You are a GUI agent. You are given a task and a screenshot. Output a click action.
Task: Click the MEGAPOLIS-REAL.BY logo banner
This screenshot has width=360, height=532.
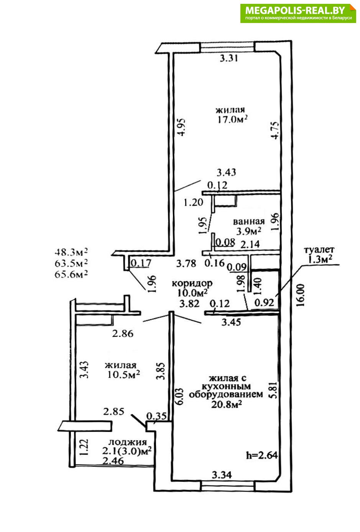(298, 13)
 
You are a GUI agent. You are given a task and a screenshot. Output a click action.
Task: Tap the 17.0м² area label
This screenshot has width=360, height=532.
(232, 119)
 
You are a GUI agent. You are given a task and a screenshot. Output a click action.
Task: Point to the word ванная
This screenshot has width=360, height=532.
(248, 222)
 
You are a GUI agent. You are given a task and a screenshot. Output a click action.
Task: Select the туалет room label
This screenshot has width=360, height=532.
(319, 250)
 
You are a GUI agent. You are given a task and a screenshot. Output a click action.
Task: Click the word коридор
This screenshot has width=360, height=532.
(192, 284)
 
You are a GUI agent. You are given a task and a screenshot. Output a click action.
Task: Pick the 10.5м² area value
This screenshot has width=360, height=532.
(123, 374)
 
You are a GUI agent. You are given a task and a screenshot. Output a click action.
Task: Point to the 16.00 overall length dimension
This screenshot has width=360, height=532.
(300, 296)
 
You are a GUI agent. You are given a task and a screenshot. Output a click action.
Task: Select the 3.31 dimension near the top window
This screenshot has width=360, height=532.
(228, 58)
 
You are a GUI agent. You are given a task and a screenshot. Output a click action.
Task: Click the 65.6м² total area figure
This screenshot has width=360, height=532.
(71, 274)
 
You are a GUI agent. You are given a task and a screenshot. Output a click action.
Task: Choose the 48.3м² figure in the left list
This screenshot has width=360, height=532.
(71, 251)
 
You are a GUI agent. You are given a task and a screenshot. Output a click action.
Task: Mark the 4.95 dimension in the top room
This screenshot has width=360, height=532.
(182, 127)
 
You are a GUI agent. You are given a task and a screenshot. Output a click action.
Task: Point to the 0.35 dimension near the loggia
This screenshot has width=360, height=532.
(156, 416)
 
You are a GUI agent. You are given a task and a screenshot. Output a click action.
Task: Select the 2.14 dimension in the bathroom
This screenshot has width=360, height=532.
(250, 244)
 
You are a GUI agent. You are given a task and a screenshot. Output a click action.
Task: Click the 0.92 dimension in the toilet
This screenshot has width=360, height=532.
(264, 302)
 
